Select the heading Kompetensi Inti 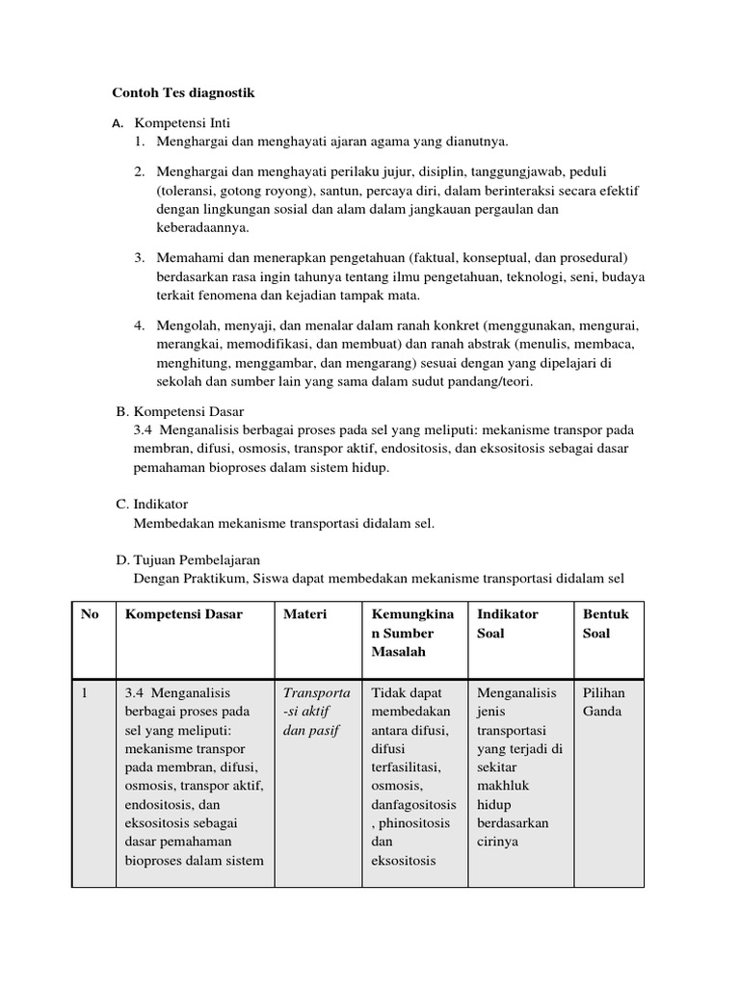click(x=182, y=123)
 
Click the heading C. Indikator click(x=151, y=504)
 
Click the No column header click(x=90, y=613)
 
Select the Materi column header click(x=304, y=613)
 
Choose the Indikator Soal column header click(x=507, y=623)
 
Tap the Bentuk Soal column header click(x=604, y=623)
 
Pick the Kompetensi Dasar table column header click(x=184, y=613)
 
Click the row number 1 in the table click(x=85, y=692)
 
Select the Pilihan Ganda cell click(x=604, y=701)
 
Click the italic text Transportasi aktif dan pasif click(x=317, y=711)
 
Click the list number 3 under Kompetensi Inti click(x=139, y=257)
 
